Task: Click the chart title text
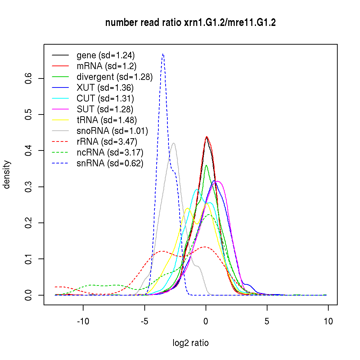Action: [190, 23]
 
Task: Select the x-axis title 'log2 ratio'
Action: [190, 343]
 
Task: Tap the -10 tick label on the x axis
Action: [83, 321]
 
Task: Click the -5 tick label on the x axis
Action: [144, 321]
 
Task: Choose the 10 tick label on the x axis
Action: [328, 321]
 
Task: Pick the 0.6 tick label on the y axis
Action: [29, 78]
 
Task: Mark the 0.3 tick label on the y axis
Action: [29, 187]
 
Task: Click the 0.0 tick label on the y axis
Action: [29, 295]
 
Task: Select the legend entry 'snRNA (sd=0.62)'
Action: [110, 163]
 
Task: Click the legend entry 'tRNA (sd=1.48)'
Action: [107, 120]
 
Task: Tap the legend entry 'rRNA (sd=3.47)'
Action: [107, 141]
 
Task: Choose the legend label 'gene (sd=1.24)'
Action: [105, 55]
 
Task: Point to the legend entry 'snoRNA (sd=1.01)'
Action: [112, 131]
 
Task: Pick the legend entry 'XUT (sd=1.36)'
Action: [105, 87]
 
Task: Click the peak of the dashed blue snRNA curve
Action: [163, 54]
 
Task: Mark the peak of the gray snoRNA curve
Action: [174, 143]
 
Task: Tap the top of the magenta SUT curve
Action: [217, 181]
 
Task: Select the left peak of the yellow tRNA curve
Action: [187, 208]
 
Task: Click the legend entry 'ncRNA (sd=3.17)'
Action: [110, 152]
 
